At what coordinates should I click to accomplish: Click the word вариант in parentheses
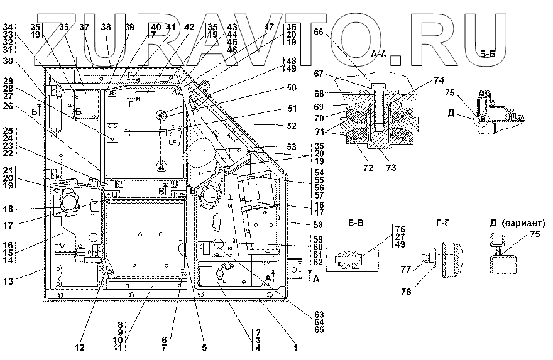(523, 224)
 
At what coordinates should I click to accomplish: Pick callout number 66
(318, 33)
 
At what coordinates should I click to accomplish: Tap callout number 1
(295, 346)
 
